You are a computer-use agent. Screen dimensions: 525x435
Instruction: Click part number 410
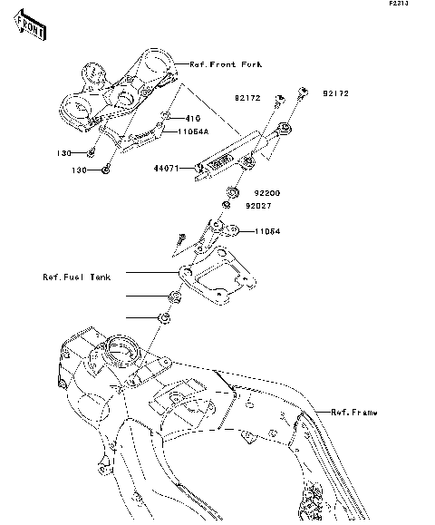pos(192,119)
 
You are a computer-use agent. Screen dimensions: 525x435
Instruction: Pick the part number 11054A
pos(193,132)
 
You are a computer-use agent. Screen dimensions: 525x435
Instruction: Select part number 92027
pos(257,206)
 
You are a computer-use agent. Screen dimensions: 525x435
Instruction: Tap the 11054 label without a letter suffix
pos(266,231)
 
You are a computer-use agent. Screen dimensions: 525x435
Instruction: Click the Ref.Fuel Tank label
pos(77,277)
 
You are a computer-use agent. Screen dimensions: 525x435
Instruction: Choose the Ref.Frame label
pos(353,412)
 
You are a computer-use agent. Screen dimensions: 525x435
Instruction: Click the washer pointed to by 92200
pos(231,192)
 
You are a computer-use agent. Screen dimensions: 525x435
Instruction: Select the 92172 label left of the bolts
pos(248,94)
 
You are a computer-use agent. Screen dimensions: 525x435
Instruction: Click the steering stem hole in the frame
pos(120,346)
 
